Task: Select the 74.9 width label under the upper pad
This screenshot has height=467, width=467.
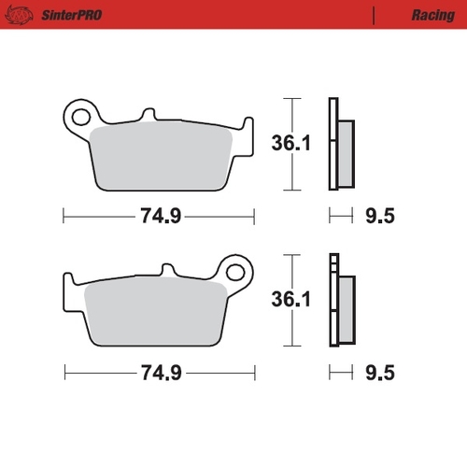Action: coord(158,217)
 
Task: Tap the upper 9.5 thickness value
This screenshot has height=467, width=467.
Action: coord(378,217)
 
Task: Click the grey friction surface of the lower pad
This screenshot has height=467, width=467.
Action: coord(154,313)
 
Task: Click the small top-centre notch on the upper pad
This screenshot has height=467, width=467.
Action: coord(148,116)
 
